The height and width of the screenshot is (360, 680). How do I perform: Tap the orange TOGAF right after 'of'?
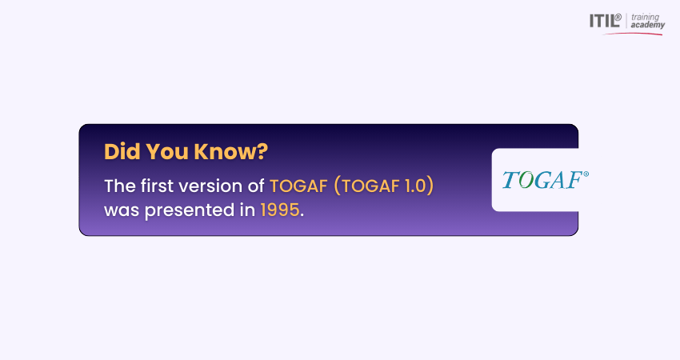298,186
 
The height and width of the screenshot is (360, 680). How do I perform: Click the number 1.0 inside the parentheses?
415,186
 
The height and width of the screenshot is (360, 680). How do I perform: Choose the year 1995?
280,210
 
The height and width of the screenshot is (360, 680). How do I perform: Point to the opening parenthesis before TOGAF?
337,186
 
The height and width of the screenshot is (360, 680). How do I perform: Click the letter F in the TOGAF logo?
574,179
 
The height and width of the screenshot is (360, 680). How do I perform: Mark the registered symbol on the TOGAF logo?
586,174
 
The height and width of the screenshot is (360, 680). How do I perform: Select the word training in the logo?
645,18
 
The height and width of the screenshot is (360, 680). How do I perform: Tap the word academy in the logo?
647,25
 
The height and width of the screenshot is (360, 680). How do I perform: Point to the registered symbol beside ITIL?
618,17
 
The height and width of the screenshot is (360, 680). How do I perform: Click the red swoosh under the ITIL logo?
633,33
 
